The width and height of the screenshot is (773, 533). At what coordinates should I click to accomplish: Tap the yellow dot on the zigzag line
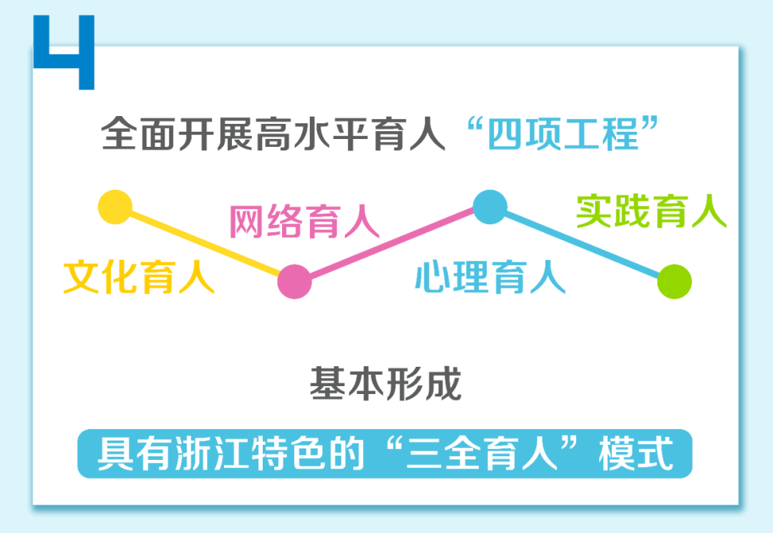pos(115,207)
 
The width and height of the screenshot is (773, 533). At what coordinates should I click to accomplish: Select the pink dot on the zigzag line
pos(294,282)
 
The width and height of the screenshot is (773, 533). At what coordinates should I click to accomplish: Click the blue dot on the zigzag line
pos(490,207)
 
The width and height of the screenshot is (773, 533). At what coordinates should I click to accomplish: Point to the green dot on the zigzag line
pos(674,282)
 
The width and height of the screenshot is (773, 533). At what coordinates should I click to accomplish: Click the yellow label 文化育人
pos(139,277)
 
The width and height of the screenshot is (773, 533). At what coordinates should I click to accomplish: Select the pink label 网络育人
pos(304,221)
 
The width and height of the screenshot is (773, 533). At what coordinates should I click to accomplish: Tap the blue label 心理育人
pos(490,277)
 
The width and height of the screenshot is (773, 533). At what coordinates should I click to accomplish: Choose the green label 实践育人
pos(651,211)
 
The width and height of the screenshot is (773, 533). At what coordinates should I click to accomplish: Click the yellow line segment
pos(205,244)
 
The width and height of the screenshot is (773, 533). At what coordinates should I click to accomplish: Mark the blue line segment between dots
pos(582,244)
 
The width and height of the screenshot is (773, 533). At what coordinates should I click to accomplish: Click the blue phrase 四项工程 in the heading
pos(563,134)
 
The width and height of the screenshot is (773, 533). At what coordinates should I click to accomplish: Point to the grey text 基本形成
pos(386,383)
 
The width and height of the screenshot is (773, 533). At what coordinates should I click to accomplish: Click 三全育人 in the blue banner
pos(482,453)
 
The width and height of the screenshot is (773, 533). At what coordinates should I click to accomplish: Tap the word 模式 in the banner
pos(636,453)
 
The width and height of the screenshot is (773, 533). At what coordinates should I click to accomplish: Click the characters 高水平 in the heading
pos(312,134)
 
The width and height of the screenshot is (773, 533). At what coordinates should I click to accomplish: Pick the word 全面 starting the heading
pos(139,134)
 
